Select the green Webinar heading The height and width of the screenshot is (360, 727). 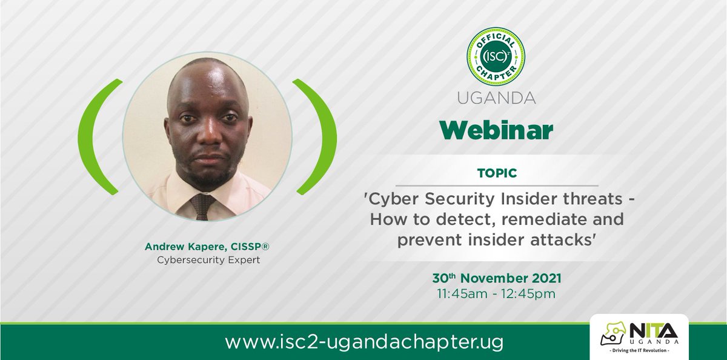click(x=496, y=130)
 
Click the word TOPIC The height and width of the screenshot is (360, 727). click(x=496, y=173)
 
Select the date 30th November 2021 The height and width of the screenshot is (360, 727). click(x=496, y=278)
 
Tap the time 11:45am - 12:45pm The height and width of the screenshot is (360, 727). click(x=496, y=295)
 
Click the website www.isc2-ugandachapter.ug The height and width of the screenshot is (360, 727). click(x=364, y=342)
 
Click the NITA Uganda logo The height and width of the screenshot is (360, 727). click(x=639, y=335)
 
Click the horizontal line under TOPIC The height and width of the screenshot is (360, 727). click(x=496, y=185)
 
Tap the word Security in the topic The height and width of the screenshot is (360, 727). click(x=446, y=201)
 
